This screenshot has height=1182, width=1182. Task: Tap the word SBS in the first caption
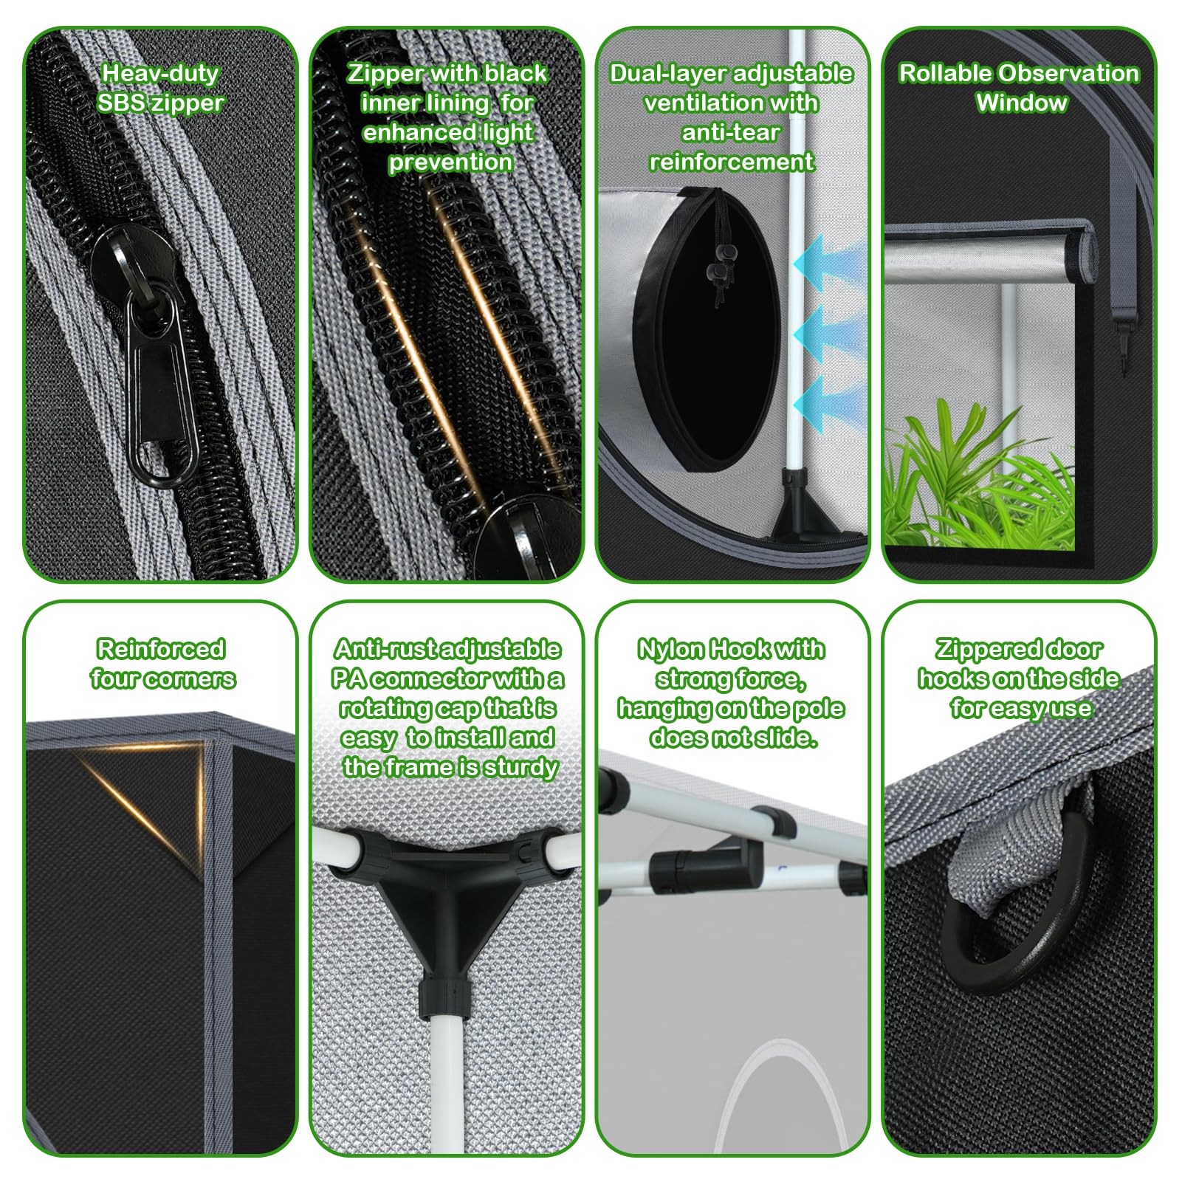tap(121, 103)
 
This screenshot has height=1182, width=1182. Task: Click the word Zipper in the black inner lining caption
tap(385, 74)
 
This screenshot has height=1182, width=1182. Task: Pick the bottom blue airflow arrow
tap(825, 404)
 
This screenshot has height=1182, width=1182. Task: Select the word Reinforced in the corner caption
tap(161, 649)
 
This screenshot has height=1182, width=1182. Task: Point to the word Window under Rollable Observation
tap(1021, 103)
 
